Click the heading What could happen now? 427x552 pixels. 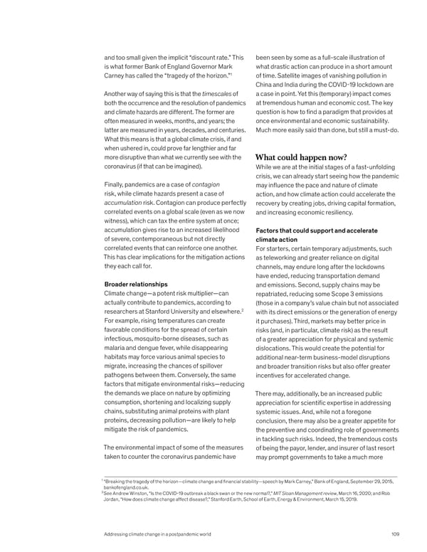click(300, 157)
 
